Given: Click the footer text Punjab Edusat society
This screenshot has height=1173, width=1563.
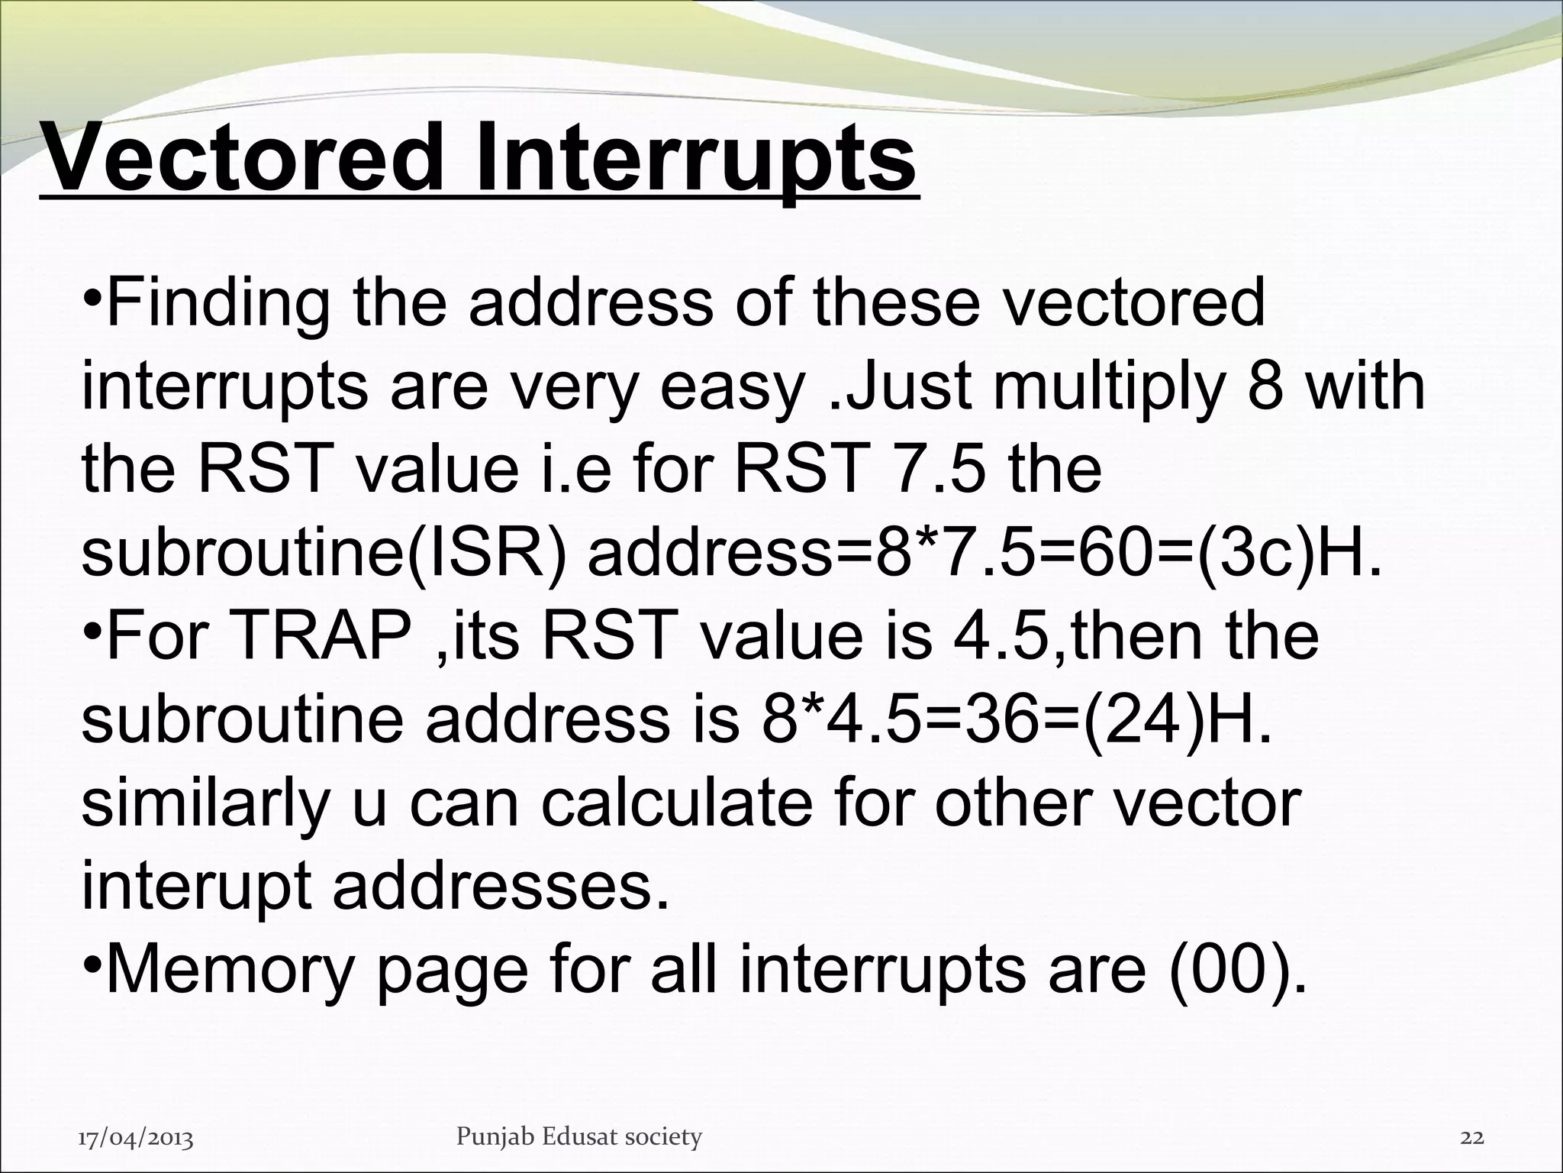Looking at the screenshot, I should click(578, 1137).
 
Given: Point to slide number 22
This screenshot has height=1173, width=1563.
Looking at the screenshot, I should click(1471, 1138).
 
